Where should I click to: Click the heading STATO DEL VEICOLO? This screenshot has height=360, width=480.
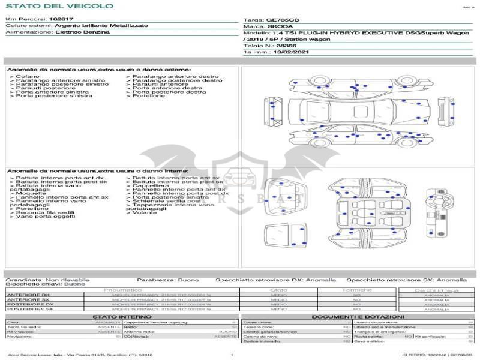point(59,7)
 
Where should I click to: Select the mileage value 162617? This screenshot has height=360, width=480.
point(61,20)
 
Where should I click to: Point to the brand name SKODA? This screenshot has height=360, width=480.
point(280,26)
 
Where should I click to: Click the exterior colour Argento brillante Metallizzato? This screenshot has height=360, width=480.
point(100,26)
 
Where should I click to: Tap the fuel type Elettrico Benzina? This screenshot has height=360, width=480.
point(82,32)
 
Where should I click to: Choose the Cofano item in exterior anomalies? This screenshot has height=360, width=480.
point(28,77)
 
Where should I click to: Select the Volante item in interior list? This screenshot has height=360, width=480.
point(145,213)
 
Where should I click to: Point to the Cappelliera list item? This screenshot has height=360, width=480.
point(150,185)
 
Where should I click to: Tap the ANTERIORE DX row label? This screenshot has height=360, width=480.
point(28,295)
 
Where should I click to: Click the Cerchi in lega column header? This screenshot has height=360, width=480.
point(436,290)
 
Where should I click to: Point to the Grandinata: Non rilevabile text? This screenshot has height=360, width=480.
point(47,280)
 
